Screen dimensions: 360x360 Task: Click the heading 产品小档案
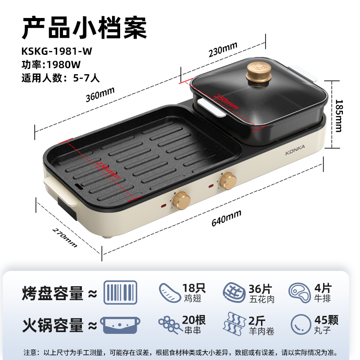coord(85,28)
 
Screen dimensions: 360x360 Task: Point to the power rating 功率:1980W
coord(51,64)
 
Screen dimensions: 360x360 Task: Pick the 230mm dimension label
coord(222,50)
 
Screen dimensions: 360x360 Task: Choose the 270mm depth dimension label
coord(65,238)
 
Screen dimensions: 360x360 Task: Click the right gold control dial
coord(228,181)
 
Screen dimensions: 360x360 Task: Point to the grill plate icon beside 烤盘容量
coord(120,292)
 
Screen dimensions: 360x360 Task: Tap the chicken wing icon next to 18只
coord(169,292)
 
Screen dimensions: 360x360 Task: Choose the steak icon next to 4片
coord(299,292)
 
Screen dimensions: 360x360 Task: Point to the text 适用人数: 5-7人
coord(61,77)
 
